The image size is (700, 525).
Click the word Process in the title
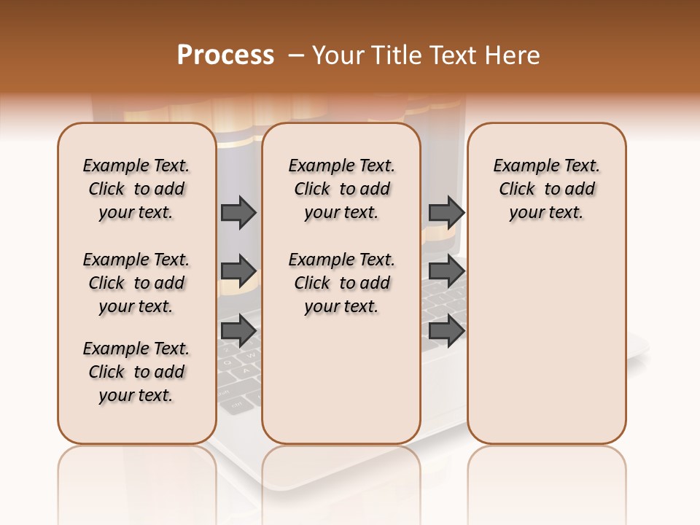(225, 55)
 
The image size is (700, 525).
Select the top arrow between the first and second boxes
(238, 212)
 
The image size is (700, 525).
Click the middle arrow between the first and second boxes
(238, 271)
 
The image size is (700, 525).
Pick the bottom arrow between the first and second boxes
(238, 331)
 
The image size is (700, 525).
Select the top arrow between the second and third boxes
(446, 212)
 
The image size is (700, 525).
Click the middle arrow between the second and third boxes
(446, 271)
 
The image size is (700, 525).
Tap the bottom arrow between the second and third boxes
(446, 331)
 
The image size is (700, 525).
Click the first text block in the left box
(136, 189)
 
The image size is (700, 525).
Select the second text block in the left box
(136, 283)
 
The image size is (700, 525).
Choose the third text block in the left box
(136, 372)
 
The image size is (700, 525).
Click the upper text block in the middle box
(341, 189)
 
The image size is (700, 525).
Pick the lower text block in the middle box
(341, 283)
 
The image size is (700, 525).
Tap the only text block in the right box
(546, 189)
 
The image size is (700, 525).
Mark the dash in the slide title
(296, 55)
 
